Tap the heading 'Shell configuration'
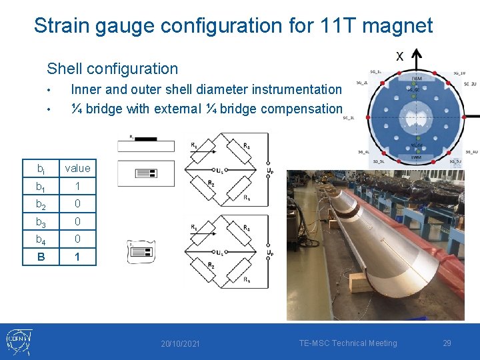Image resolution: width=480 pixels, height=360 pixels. (112, 68)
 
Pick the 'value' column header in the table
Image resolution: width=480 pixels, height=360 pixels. (77, 168)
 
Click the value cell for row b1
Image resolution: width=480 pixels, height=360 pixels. (77, 186)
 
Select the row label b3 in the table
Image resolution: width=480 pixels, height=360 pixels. (41, 221)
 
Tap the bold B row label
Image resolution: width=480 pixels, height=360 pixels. (41, 257)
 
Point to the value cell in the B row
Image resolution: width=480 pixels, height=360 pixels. (77, 257)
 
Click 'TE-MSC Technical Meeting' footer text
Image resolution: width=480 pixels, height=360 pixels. (347, 343)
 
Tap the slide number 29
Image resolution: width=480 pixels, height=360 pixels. (447, 343)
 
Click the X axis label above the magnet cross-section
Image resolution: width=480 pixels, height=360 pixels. (399, 56)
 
